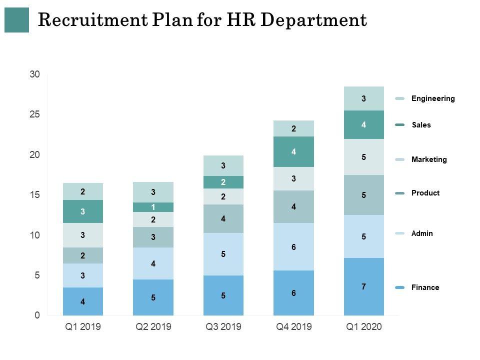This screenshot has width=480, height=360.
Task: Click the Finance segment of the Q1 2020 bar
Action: [364, 286]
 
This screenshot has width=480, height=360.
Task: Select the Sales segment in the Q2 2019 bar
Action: [153, 207]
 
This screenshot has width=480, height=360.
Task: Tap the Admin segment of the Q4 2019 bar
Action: [293, 246]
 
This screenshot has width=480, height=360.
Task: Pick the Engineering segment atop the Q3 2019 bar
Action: [223, 165]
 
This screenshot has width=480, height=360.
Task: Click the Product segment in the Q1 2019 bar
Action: [83, 255]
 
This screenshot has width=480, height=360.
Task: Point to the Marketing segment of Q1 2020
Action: [364, 157]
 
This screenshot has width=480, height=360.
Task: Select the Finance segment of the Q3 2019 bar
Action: [223, 295]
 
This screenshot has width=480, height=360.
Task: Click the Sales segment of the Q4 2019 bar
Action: [293, 151]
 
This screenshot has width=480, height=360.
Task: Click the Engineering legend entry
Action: [432, 98]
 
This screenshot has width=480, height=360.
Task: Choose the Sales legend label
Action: [420, 125]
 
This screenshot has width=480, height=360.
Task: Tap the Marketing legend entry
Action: [428, 159]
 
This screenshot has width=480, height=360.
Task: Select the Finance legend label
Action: [425, 287]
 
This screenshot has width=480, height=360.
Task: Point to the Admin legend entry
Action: [422, 233]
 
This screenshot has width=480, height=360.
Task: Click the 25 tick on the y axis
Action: [34, 114]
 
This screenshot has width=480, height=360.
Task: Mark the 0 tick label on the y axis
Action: [37, 315]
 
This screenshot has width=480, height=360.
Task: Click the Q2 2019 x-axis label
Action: [153, 327]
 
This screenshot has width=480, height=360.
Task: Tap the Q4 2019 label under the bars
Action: [294, 327]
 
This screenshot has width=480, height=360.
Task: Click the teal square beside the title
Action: [16, 20]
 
